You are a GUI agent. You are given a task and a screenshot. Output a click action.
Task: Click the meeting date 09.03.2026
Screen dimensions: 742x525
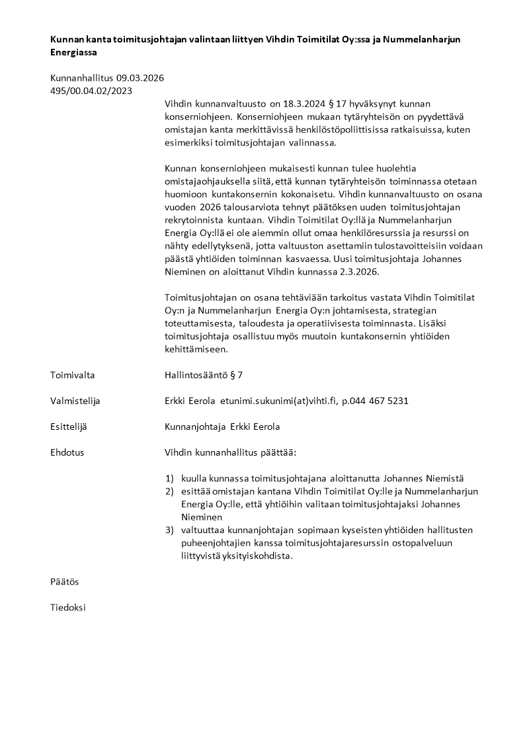(x=140, y=78)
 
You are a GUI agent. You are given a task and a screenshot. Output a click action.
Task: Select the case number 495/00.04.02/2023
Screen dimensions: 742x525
(x=91, y=91)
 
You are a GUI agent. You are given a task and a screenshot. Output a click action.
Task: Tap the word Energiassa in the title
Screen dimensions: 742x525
(x=73, y=52)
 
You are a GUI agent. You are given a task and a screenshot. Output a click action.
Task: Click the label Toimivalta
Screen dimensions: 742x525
(x=72, y=375)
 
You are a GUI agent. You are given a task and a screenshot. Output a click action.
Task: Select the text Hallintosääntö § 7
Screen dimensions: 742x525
(x=204, y=375)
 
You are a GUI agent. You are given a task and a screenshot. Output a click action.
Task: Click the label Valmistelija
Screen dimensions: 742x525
(x=75, y=401)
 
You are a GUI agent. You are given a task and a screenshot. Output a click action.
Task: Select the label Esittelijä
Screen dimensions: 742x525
(x=69, y=427)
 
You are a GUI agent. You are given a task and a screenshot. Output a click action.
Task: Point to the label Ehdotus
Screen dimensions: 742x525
(x=67, y=452)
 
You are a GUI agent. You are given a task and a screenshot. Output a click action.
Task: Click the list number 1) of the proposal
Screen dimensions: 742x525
(x=169, y=478)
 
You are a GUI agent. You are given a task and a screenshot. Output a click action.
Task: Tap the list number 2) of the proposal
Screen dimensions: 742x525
(x=169, y=491)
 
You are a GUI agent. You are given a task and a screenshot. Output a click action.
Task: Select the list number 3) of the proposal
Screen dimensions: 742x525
(x=169, y=530)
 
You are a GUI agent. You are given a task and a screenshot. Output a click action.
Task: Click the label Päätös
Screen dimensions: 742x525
(x=65, y=581)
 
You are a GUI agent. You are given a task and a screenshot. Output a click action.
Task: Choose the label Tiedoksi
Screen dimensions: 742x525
(x=67, y=607)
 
